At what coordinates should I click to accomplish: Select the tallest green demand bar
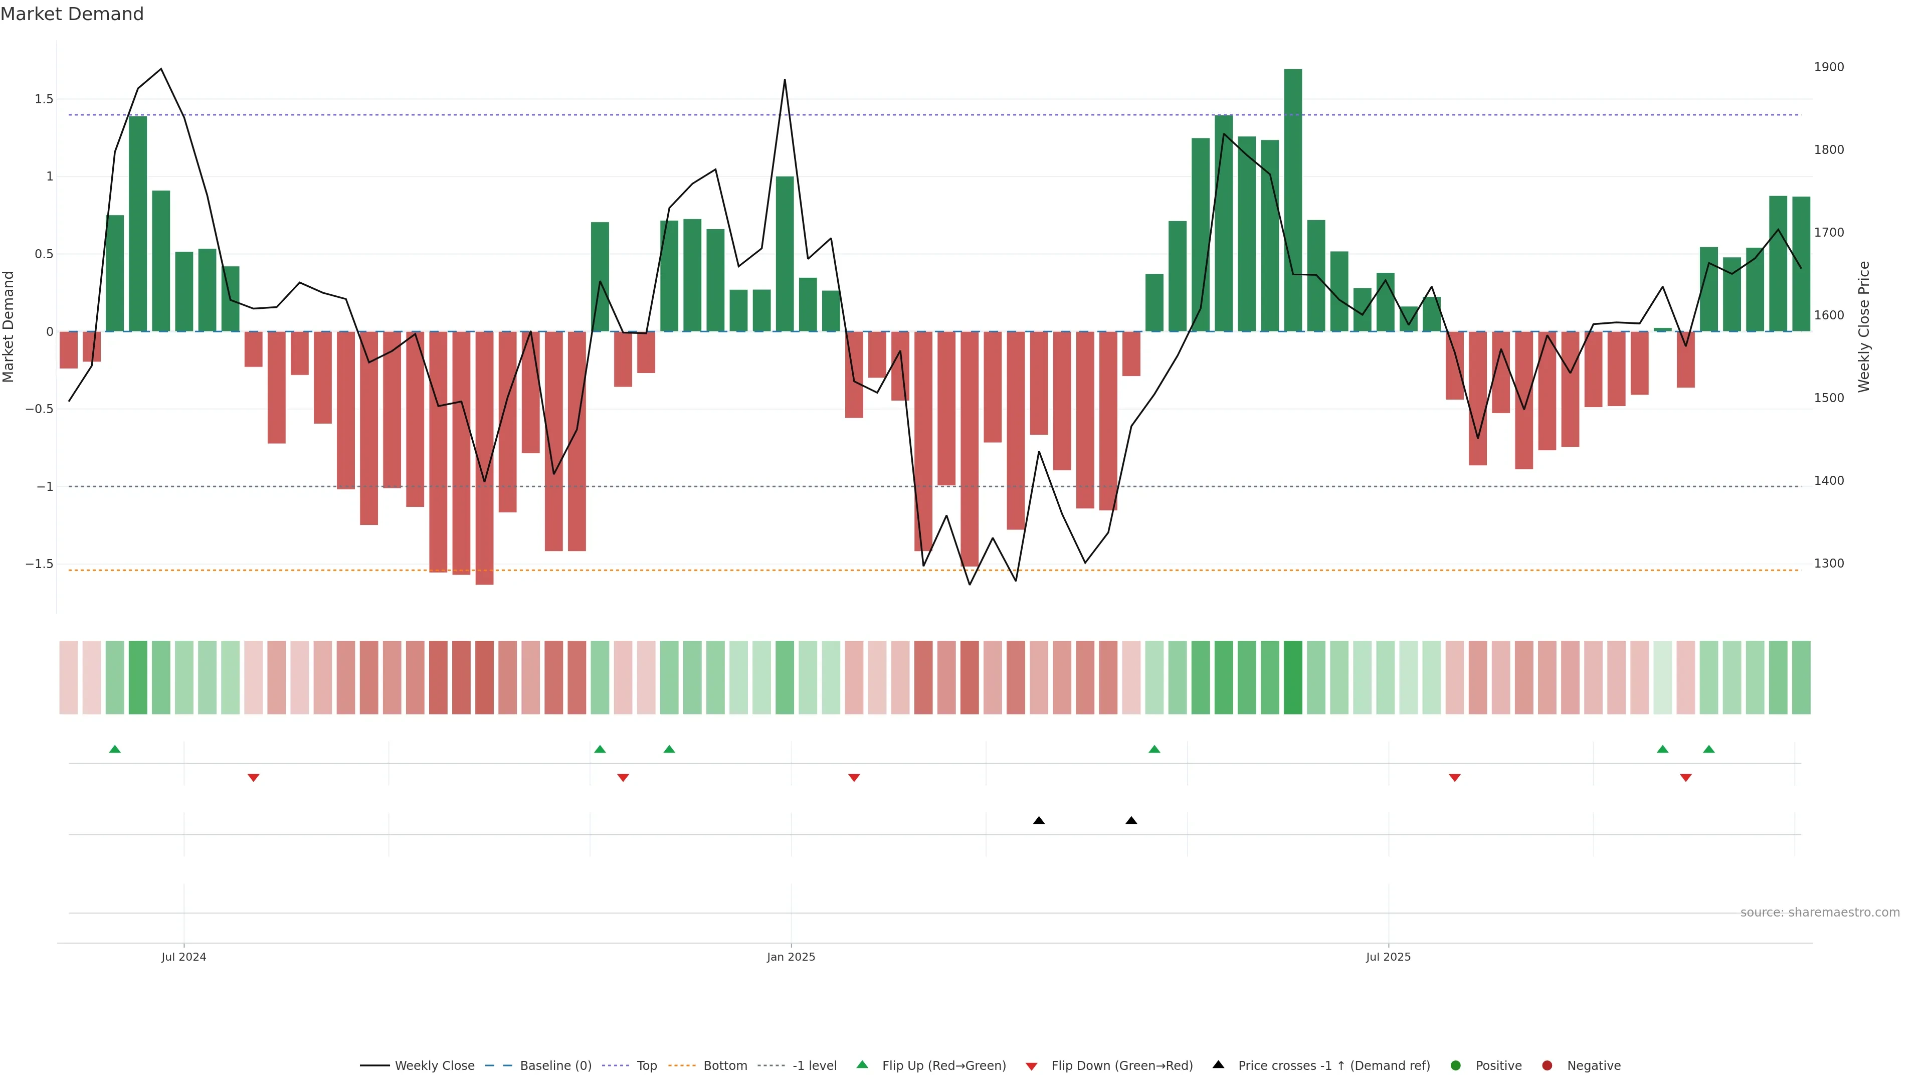(1293, 201)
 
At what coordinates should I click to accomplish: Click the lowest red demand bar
(484, 457)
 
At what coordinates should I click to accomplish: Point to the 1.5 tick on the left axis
(44, 99)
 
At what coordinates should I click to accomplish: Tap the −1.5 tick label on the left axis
(40, 564)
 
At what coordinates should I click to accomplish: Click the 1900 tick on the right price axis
(1829, 67)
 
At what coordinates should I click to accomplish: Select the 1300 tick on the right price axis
(1829, 564)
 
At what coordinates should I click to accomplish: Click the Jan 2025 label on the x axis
(791, 957)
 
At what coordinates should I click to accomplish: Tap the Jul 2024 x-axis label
(184, 957)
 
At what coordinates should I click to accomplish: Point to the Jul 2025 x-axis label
(1388, 957)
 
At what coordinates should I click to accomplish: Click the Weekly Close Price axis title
(1864, 326)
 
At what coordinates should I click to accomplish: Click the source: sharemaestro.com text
(1820, 913)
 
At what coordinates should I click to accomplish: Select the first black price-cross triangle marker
(1039, 821)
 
